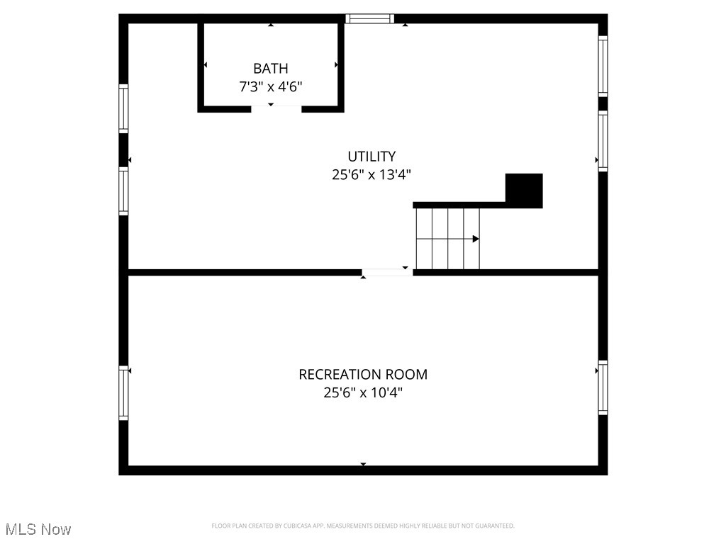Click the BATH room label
271,69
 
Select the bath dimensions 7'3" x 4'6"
271,86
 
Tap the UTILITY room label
372,157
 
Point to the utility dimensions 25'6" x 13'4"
372,174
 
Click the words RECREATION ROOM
363,374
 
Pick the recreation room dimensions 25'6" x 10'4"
363,392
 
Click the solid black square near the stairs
524,191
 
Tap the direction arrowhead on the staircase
476,239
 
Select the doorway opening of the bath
277,108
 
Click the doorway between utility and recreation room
387,272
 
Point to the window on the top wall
369,19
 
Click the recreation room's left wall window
123,393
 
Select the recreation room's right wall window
603,387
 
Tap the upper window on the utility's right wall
603,66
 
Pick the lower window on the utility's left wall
123,191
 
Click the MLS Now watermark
38,529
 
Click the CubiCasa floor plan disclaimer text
363,526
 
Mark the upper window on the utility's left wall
123,108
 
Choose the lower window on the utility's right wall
603,141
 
